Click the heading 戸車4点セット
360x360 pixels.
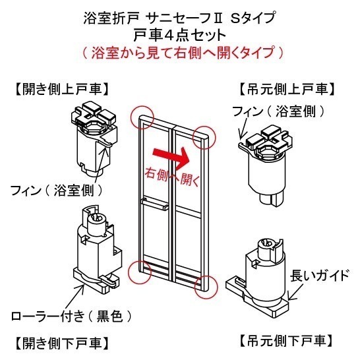(x=179, y=35)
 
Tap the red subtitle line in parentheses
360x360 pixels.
(x=179, y=52)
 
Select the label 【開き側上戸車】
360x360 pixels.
(x=60, y=88)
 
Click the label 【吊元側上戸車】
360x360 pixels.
(x=290, y=88)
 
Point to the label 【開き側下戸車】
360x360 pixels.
(x=60, y=343)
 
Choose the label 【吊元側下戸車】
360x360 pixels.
(x=284, y=341)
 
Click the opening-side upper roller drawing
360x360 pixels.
(x=93, y=138)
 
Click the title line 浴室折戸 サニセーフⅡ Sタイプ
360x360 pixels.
(x=179, y=18)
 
